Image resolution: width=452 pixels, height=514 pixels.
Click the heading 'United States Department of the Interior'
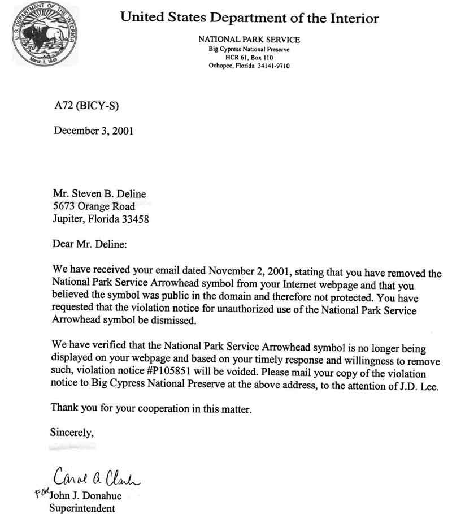pyautogui.click(x=249, y=18)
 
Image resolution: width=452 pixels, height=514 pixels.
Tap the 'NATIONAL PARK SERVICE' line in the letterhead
pyautogui.click(x=249, y=40)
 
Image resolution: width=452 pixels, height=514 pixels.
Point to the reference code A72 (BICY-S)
pyautogui.click(x=86, y=105)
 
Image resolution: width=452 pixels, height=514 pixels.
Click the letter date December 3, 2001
pyautogui.click(x=93, y=131)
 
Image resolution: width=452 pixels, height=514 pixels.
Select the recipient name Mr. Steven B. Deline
pyautogui.click(x=99, y=194)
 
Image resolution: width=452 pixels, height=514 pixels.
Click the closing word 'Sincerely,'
pyautogui.click(x=72, y=433)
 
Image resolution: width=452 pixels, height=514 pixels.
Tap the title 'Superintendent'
pyautogui.click(x=83, y=508)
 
